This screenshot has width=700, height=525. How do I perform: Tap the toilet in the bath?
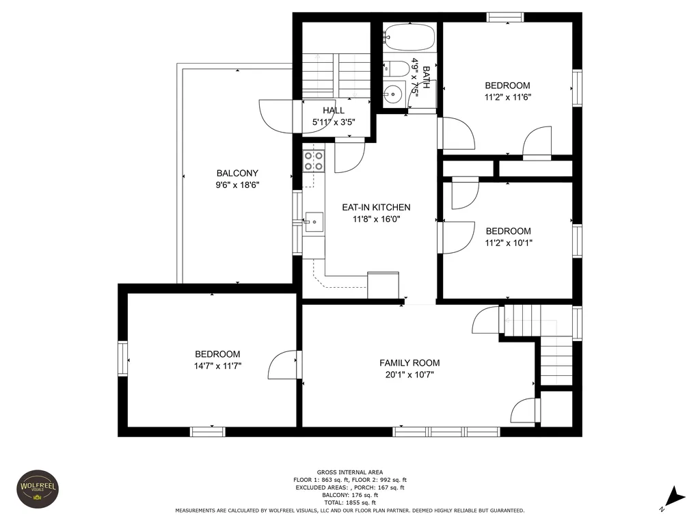396,68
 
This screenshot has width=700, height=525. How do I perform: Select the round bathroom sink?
393,94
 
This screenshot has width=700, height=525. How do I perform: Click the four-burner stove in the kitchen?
314,161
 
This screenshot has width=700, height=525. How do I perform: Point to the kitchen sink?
314,221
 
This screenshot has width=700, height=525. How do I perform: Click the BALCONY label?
237,173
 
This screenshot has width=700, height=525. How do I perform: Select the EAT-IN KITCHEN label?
377,207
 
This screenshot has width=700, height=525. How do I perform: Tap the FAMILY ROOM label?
410,363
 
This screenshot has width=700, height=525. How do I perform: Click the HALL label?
334,110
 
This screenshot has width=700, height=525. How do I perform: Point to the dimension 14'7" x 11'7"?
218,366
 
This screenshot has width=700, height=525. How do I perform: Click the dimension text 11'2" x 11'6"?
508,97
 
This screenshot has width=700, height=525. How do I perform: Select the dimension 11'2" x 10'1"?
509,243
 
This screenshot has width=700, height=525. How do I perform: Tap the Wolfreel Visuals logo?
38,488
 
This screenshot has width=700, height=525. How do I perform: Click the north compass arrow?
677,496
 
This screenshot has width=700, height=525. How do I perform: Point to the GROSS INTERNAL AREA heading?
350,472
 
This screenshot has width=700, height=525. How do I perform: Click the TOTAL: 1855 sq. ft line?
350,502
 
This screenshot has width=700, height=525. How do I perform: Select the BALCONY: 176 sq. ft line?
350,495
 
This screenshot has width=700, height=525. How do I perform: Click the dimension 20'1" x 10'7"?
410,375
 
